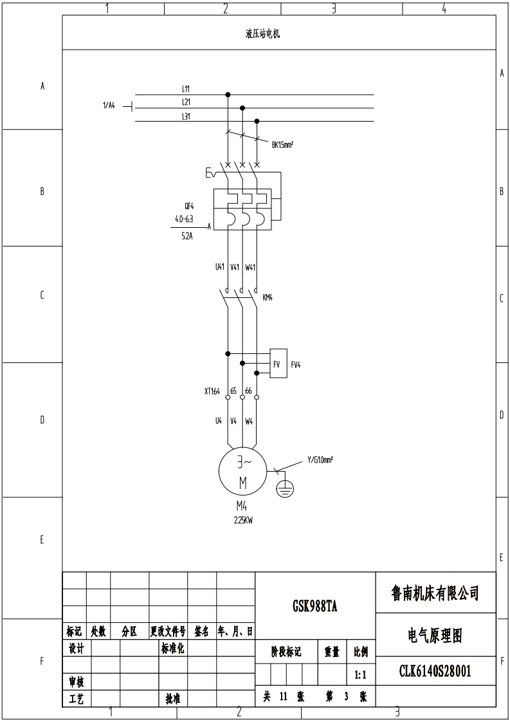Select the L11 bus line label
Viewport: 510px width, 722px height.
tap(186, 88)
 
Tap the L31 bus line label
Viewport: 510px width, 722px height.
tap(186, 116)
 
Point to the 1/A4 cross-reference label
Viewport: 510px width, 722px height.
tap(109, 106)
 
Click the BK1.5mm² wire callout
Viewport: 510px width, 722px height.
tap(282, 145)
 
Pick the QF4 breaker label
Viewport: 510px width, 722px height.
tap(189, 207)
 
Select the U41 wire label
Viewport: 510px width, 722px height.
tap(220, 266)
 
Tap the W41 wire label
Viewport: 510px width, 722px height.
tap(251, 266)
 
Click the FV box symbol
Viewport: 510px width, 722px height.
tap(278, 364)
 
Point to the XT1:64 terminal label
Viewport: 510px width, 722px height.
tap(211, 391)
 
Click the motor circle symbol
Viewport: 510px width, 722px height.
tap(242, 470)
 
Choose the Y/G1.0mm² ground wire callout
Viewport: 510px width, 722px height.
tap(320, 459)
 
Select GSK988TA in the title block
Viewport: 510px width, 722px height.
tap(315, 606)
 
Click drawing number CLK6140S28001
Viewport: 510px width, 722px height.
tap(435, 672)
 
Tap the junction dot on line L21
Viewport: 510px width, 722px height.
tap(242, 108)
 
